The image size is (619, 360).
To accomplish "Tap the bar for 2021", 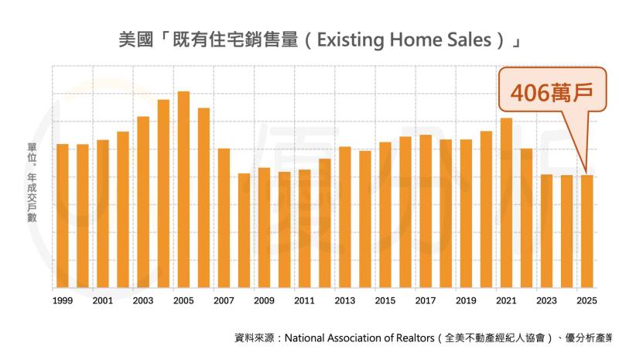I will pos(507,202).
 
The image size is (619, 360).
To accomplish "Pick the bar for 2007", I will pos(224,218).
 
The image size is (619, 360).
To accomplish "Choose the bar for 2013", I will pos(345,217).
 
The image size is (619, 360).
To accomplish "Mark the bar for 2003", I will pos(143,201).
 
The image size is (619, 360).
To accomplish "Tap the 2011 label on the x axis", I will pos(305,300).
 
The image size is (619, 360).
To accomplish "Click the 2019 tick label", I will pos(466,300).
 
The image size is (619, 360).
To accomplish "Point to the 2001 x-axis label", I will pos(103,300).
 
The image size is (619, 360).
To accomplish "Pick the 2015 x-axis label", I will pos(385,300).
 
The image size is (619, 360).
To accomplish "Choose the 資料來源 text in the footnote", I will pos(255,338).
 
